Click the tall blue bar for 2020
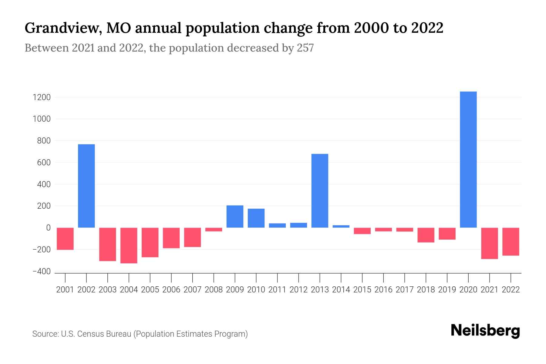click(x=468, y=160)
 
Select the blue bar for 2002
click(x=86, y=186)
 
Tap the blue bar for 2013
click(x=320, y=190)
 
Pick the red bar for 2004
click(x=129, y=245)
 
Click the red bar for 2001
click(x=65, y=239)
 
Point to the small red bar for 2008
click(x=214, y=230)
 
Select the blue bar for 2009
click(x=235, y=217)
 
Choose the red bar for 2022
click(x=511, y=241)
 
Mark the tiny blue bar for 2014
click(x=341, y=226)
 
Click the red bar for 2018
click(x=426, y=235)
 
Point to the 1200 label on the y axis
click(x=42, y=97)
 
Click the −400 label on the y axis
click(x=41, y=271)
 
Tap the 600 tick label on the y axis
click(x=44, y=163)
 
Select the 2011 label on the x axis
click(x=277, y=290)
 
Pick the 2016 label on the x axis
click(x=383, y=290)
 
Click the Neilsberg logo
click(x=485, y=331)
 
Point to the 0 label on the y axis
click(x=48, y=228)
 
